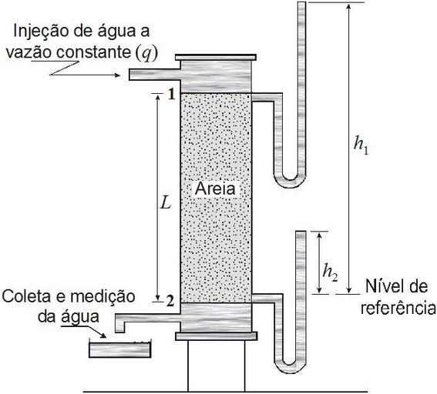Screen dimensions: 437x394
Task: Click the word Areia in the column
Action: point(215,189)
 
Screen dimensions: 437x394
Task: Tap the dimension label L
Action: point(166,204)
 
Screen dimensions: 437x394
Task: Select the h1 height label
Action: point(361,145)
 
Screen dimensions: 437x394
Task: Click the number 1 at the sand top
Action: point(171,95)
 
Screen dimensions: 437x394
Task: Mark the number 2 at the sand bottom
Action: point(170,301)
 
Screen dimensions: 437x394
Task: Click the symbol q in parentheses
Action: point(145,53)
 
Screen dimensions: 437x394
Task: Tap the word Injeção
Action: point(40,32)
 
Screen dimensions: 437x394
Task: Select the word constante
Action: point(94,52)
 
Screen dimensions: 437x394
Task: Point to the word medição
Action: point(103,297)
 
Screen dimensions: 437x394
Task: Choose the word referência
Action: point(398,308)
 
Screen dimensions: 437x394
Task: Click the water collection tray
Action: point(120,349)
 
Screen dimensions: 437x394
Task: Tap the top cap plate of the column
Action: point(216,58)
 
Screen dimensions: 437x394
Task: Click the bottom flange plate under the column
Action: point(217,336)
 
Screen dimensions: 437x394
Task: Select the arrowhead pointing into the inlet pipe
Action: point(118,75)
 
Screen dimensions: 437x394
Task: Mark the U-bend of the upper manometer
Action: point(290,182)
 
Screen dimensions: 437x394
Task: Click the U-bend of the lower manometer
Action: point(290,366)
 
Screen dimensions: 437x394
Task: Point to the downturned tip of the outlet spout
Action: point(119,327)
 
